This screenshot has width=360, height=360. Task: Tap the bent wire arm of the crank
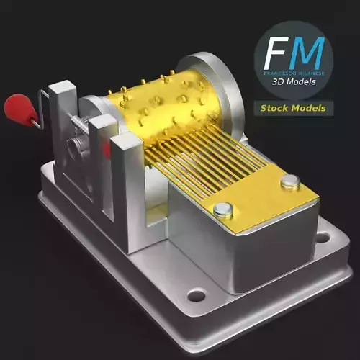(42, 108)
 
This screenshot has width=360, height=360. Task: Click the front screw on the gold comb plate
(223, 210)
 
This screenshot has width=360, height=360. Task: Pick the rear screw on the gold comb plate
(289, 183)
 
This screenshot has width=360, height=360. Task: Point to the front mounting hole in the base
(196, 294)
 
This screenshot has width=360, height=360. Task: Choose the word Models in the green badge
(309, 109)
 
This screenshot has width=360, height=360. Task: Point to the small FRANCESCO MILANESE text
(294, 74)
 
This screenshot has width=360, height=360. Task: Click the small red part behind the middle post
(107, 149)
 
